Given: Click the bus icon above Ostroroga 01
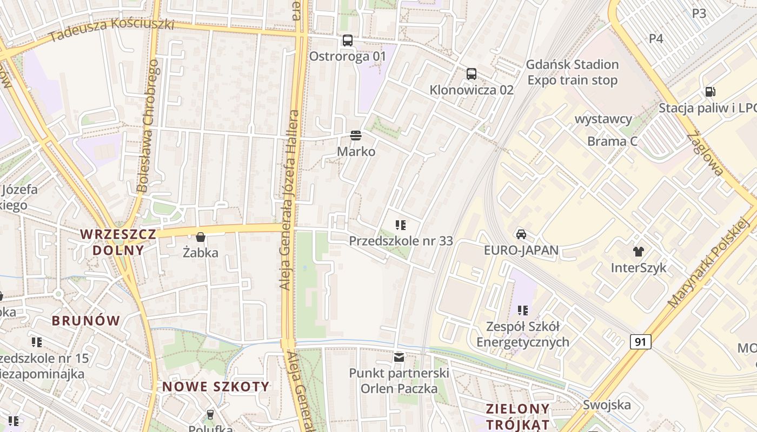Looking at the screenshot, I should click(x=347, y=40).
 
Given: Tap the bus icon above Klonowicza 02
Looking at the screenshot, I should click(x=472, y=74).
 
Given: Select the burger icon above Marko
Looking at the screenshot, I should click(x=355, y=135).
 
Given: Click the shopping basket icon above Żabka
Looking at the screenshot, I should click(x=201, y=237).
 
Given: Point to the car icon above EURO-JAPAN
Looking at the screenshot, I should click(x=521, y=234).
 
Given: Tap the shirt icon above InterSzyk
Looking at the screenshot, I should click(x=639, y=251).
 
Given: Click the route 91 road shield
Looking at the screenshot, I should click(x=640, y=342).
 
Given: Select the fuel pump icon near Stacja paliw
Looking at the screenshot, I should click(x=710, y=92).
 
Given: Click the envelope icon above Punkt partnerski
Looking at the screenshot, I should click(x=399, y=357).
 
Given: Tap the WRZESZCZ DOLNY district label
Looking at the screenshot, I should click(x=118, y=242).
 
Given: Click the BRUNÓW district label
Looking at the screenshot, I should click(x=86, y=320).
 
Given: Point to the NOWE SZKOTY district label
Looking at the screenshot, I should click(x=216, y=386).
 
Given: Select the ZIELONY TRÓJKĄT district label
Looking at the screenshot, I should click(x=517, y=416).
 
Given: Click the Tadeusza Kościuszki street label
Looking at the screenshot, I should click(x=111, y=30).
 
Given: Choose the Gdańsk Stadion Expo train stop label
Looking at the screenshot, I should click(x=573, y=72).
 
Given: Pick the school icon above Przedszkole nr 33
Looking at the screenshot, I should click(x=400, y=225).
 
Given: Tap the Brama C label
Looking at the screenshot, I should click(x=612, y=141).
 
